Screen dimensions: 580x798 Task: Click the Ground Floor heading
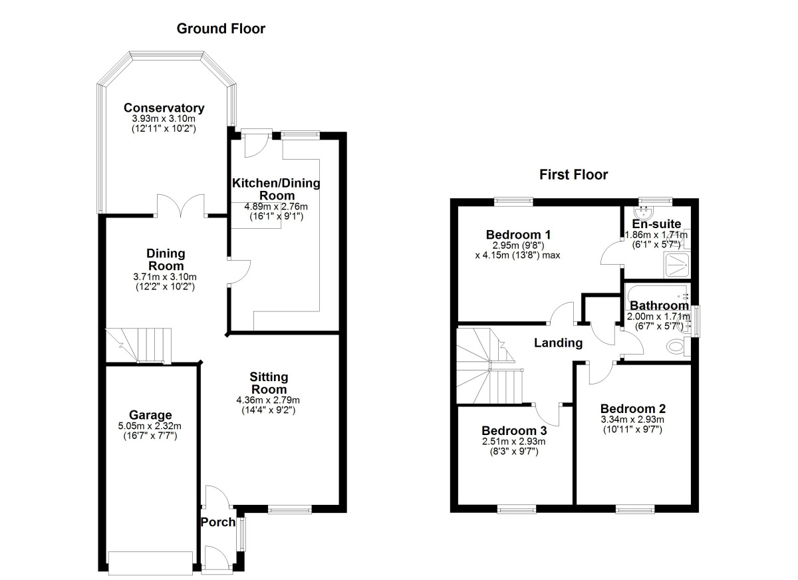point(221,29)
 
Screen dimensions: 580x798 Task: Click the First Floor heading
point(573,175)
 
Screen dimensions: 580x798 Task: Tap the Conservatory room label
point(164,108)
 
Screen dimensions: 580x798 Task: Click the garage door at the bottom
point(150,562)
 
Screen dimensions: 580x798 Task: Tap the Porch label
point(218,522)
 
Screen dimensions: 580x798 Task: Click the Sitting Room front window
point(290,510)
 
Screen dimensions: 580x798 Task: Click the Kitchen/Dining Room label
point(276,189)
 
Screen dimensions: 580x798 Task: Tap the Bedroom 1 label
point(518,234)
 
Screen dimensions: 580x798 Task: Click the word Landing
point(559,343)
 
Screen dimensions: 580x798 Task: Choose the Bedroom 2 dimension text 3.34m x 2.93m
point(632,419)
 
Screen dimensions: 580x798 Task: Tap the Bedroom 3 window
point(517,509)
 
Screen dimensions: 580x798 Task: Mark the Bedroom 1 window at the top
point(514,200)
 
